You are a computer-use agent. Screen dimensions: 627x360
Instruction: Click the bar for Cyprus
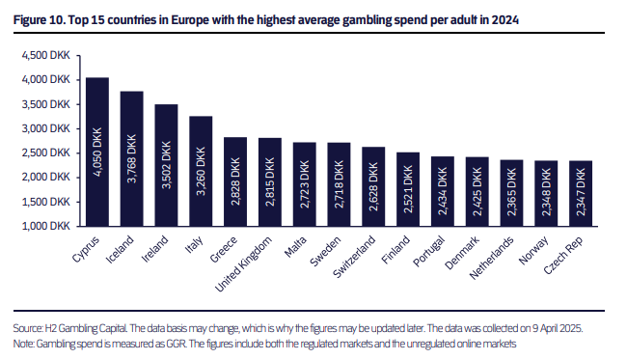97,152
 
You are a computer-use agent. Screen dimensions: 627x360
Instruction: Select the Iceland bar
132,159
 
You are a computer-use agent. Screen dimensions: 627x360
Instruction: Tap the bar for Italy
201,171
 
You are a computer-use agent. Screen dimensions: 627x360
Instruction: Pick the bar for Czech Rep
581,194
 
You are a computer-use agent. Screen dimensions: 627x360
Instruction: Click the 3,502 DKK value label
166,165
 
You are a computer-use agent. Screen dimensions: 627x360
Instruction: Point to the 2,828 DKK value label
235,181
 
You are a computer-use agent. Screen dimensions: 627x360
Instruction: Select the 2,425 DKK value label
477,192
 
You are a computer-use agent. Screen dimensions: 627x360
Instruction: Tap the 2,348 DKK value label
546,192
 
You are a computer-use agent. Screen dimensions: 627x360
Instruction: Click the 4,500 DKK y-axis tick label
46,55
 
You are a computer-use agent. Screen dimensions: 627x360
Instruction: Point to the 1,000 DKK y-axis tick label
46,226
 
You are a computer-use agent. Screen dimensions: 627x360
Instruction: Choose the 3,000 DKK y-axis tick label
46,128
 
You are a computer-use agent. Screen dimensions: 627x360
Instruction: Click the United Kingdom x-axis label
243,263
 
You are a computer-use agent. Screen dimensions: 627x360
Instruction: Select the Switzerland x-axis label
354,257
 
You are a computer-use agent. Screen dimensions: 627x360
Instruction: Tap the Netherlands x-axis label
491,258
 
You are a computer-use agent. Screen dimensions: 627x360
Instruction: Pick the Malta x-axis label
295,246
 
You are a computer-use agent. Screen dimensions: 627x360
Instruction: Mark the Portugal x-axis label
428,251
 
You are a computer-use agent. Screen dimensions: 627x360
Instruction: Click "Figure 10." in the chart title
40,19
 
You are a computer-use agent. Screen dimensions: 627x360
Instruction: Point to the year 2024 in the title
505,19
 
